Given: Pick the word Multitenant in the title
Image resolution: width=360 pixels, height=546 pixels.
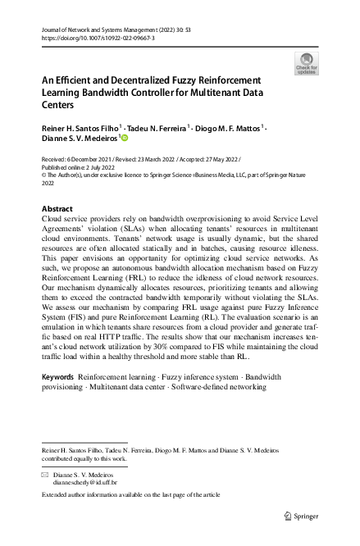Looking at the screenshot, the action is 243,93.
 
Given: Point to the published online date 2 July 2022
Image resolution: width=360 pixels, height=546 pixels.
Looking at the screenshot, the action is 113,164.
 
